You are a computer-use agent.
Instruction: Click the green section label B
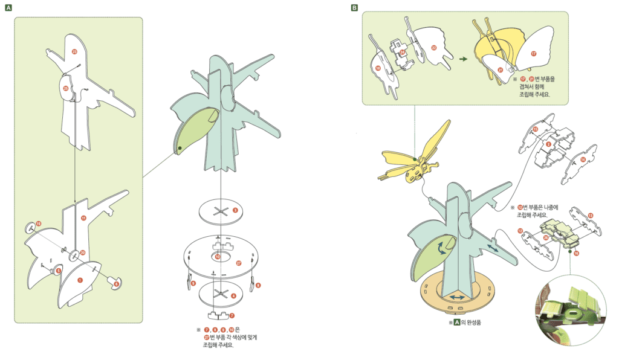click(x=354, y=8)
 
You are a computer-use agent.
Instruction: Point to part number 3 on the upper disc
click(x=235, y=210)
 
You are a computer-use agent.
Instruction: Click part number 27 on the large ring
click(x=238, y=263)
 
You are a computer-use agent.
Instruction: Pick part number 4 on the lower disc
click(x=234, y=295)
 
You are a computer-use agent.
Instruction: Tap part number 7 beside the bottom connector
click(x=231, y=315)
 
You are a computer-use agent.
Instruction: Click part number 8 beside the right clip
click(x=258, y=284)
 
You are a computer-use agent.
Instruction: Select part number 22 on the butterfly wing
click(x=433, y=47)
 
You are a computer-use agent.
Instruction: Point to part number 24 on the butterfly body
click(x=402, y=52)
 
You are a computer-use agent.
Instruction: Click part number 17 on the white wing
click(x=533, y=53)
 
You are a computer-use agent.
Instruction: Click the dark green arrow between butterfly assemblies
click(x=463, y=59)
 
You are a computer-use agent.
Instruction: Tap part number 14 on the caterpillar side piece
click(x=583, y=159)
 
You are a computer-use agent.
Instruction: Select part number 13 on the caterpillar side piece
click(x=590, y=215)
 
